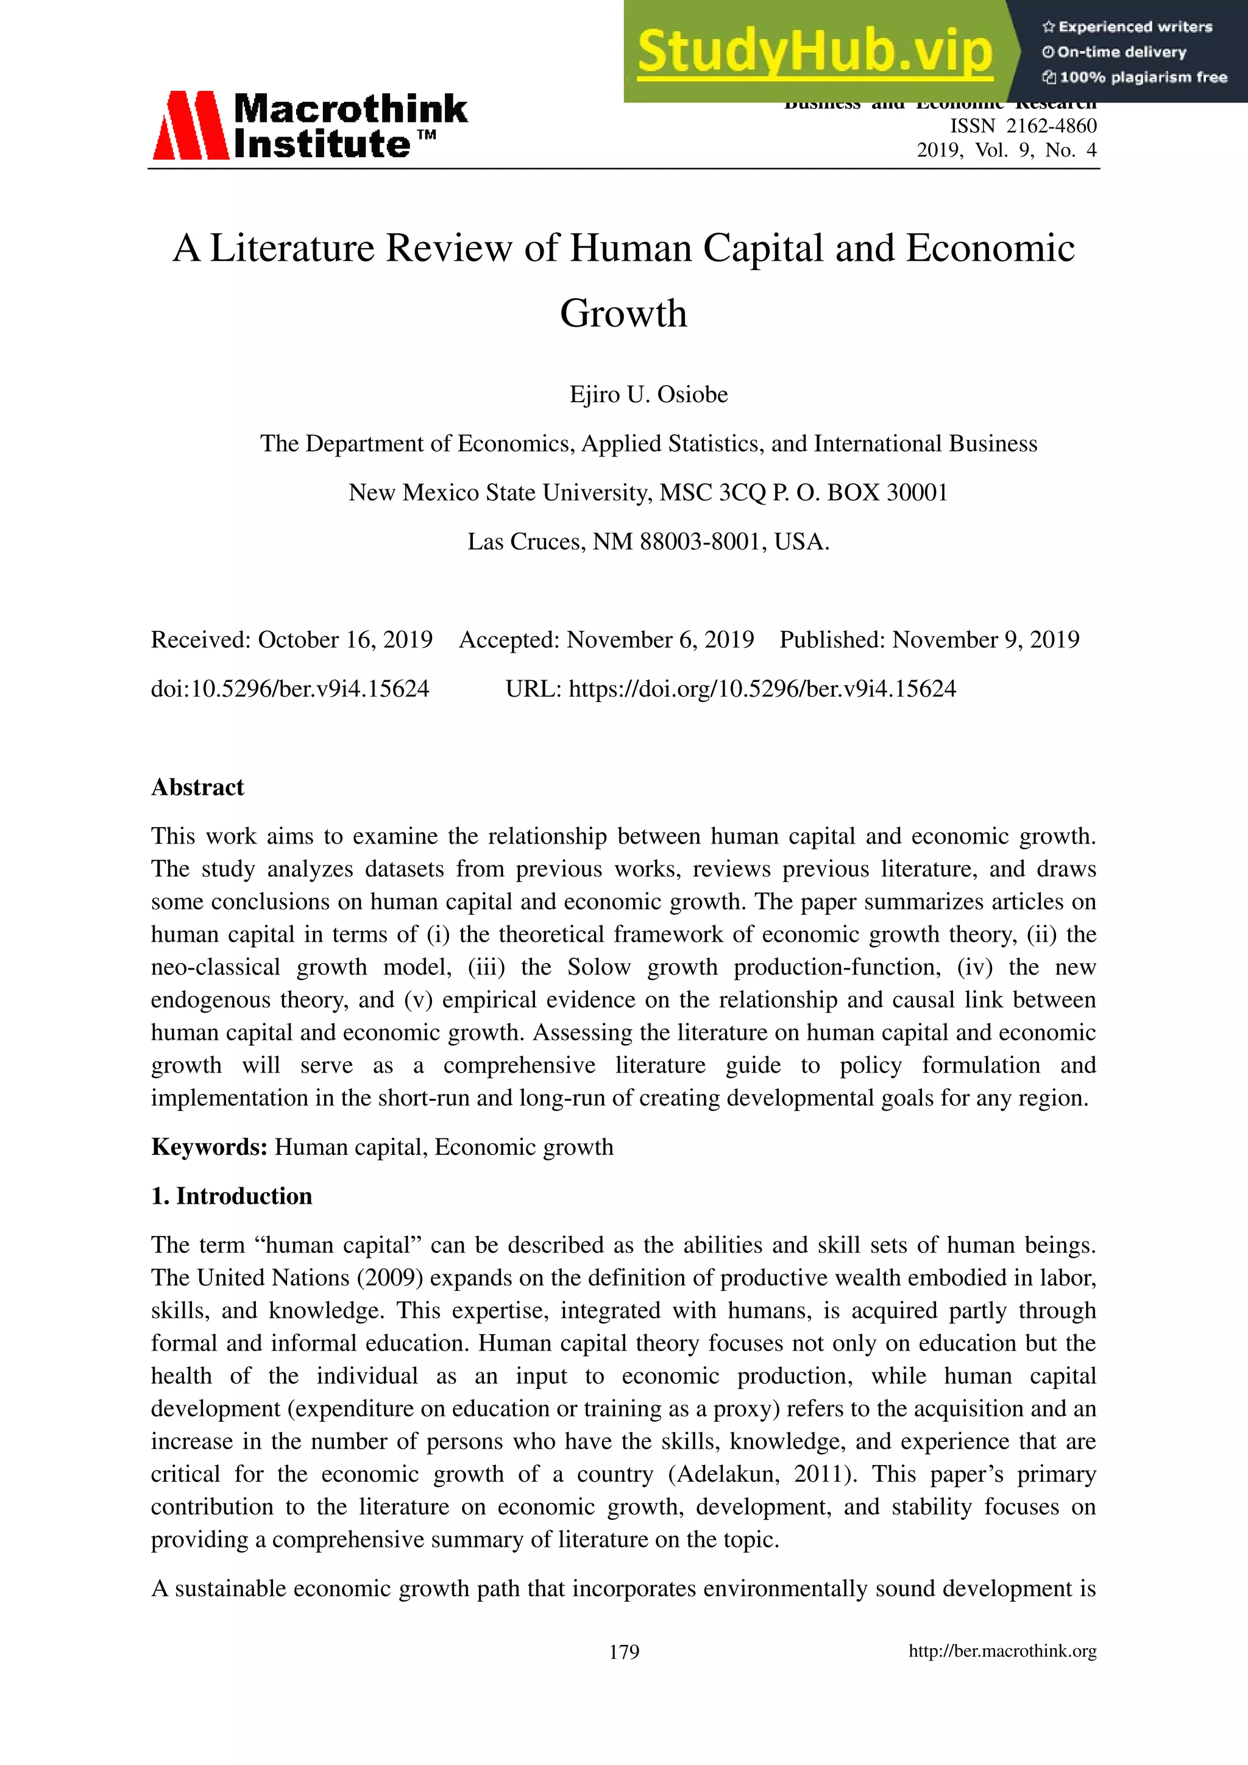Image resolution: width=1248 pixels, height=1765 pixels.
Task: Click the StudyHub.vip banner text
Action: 815,52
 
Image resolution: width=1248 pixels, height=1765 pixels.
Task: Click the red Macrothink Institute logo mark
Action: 190,126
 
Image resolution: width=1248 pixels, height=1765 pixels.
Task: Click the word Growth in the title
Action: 623,314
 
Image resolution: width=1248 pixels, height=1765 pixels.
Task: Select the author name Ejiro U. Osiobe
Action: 648,394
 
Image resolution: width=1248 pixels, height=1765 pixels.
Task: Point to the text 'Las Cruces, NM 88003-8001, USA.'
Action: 648,542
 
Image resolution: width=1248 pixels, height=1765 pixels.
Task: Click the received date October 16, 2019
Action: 345,639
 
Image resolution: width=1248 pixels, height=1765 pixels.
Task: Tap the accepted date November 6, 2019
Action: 660,639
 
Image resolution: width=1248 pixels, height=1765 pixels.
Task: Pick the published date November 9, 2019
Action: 985,639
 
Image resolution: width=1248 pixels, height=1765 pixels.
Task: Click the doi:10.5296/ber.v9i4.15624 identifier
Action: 289,689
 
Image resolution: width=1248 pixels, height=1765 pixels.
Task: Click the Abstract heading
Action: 197,787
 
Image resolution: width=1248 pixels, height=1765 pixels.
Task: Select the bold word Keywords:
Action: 209,1147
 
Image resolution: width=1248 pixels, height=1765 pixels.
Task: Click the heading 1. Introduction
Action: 232,1196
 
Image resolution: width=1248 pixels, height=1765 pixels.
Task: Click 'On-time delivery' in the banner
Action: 1121,52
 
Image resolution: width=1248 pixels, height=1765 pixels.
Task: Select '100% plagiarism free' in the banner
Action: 1143,77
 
